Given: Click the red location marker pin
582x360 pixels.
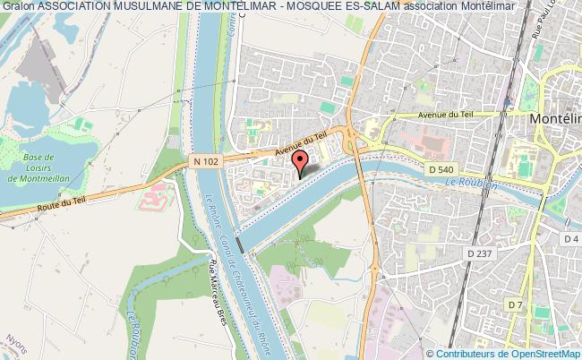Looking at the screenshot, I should pyautogui.click(x=301, y=162).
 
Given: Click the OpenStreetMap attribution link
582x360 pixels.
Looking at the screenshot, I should pyautogui.click(x=543, y=354).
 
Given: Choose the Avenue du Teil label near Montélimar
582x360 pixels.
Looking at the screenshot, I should pyautogui.click(x=444, y=115).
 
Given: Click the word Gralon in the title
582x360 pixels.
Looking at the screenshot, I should pyautogui.click(x=17, y=6).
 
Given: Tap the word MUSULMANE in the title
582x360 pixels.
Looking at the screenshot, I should pyautogui.click(x=142, y=6).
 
